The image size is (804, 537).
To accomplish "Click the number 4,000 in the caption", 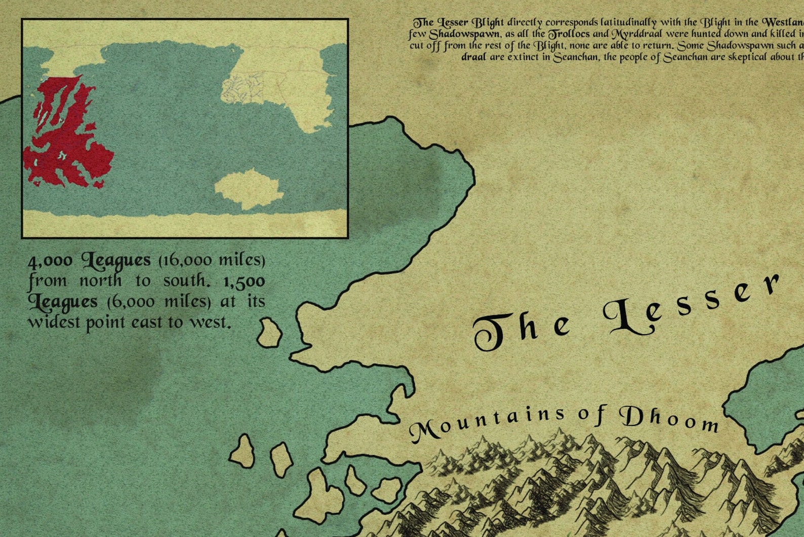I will (x=50, y=262).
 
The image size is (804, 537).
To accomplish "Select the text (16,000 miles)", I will (x=212, y=261).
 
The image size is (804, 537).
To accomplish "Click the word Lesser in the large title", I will (x=694, y=309).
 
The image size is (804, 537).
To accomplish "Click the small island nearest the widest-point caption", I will (x=269, y=333).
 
